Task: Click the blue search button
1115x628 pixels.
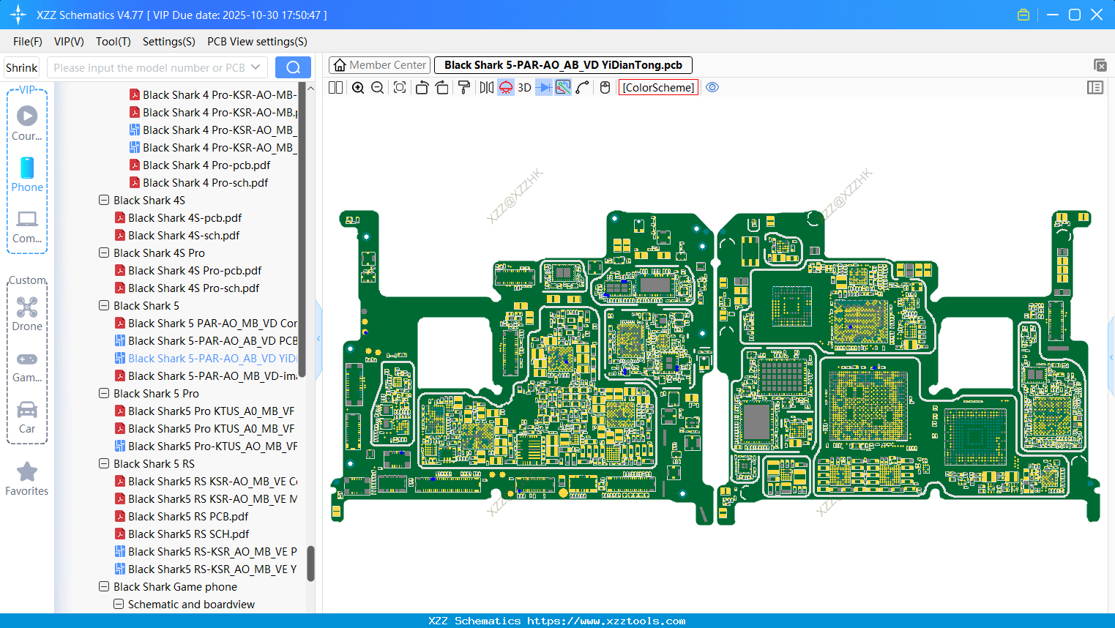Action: [293, 67]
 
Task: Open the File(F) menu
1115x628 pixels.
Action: [28, 42]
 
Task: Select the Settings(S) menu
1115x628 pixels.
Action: [168, 42]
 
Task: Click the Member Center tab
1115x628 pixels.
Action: [380, 65]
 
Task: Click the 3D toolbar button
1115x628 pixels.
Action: [524, 88]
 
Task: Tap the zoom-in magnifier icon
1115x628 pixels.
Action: [358, 88]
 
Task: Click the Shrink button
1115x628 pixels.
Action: [22, 67]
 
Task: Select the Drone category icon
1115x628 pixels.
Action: [27, 307]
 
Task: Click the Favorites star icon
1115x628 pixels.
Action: [27, 472]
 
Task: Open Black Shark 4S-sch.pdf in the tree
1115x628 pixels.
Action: [184, 236]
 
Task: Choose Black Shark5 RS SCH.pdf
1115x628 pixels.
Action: [188, 534]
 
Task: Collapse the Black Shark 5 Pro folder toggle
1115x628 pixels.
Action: [104, 394]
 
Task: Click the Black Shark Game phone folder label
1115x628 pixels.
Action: [175, 587]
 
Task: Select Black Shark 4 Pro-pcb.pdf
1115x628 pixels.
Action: [206, 165]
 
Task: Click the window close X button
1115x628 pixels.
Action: [1097, 15]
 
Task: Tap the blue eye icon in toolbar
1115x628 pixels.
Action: [712, 88]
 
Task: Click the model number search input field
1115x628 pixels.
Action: [150, 67]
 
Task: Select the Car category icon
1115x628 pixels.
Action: [27, 410]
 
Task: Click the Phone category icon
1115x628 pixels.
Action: [27, 168]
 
